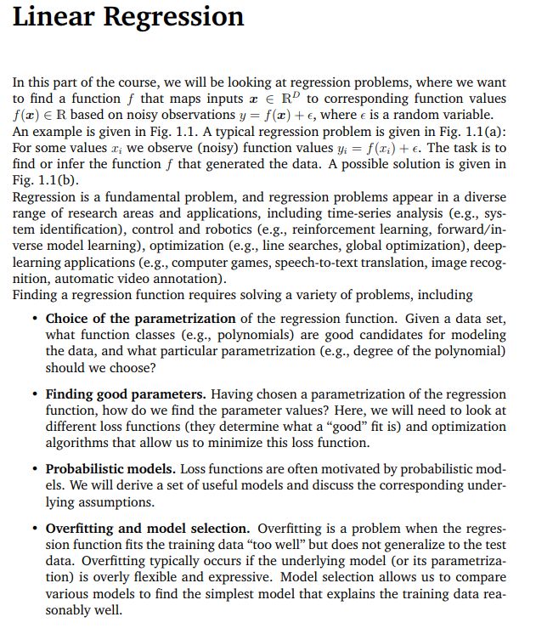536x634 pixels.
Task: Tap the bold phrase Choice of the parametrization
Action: tap(140, 319)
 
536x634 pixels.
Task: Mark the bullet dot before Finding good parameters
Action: tap(33, 395)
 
